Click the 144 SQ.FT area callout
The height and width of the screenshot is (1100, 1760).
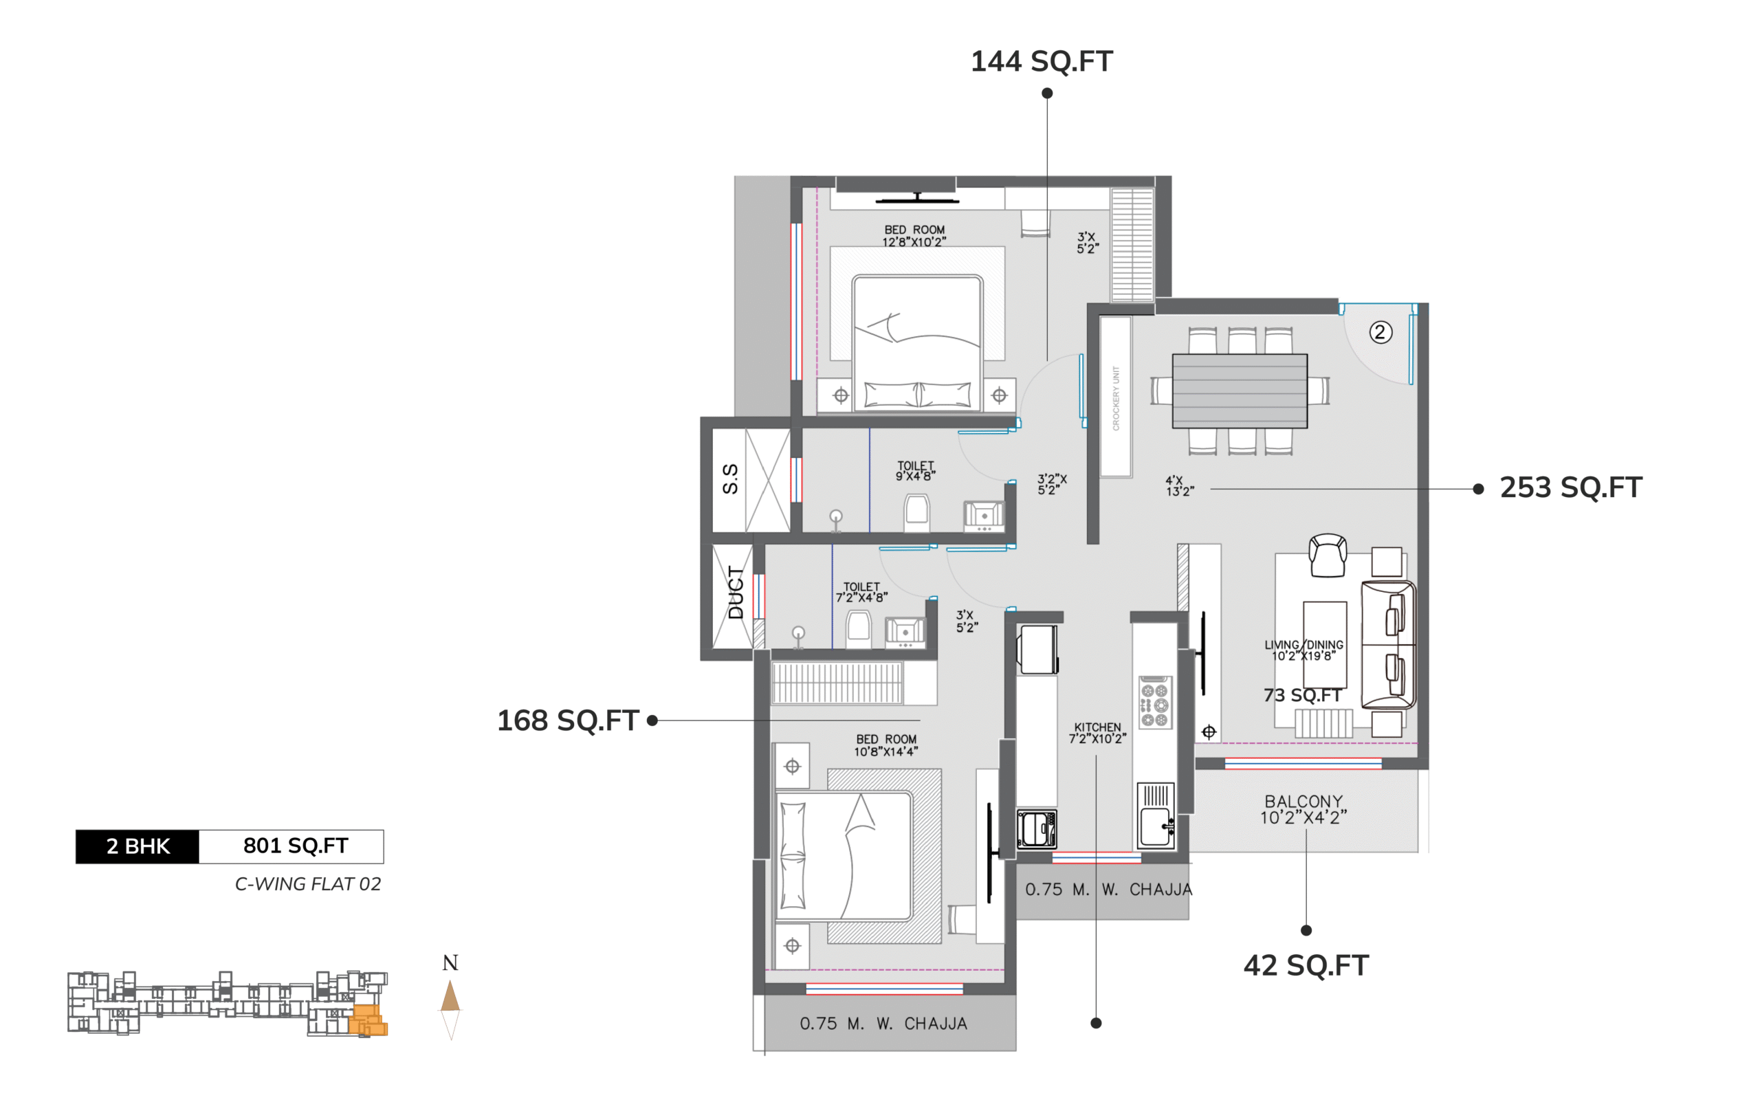[x=1042, y=62]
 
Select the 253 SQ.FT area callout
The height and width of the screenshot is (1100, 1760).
[x=1571, y=487]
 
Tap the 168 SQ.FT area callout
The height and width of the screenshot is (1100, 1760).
[x=568, y=720]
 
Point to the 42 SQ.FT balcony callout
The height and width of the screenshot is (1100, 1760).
[x=1306, y=965]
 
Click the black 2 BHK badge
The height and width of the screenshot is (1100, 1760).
[x=137, y=846]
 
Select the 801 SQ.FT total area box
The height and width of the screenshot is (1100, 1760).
[x=291, y=846]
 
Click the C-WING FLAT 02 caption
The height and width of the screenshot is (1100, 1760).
[x=307, y=884]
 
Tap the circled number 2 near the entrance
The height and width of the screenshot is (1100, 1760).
[x=1380, y=333]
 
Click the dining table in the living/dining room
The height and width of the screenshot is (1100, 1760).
[x=1240, y=390]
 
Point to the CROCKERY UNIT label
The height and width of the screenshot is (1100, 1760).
[x=1116, y=398]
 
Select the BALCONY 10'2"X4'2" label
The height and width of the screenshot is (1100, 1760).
[x=1303, y=809]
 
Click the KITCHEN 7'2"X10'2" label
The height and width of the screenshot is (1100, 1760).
[x=1097, y=733]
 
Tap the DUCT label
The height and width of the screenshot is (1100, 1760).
[x=736, y=593]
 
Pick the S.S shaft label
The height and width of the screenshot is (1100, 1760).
[x=730, y=478]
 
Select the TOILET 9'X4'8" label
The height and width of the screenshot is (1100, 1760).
[x=915, y=471]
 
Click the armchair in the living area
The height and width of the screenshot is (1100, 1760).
[x=1328, y=555]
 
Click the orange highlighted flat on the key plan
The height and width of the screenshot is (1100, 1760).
[x=367, y=1020]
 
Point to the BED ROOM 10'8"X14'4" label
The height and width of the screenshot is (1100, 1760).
[x=885, y=745]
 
